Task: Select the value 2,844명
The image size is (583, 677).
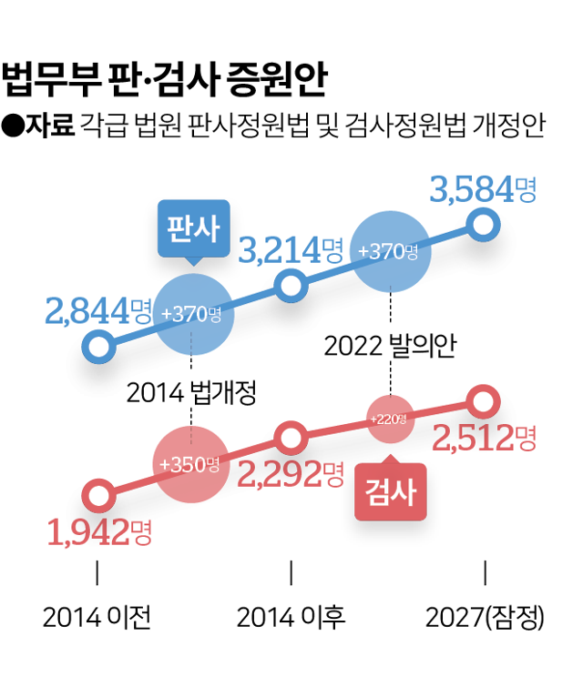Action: (x=97, y=310)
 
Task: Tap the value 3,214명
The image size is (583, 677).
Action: (x=290, y=250)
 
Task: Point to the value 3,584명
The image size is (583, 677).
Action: (x=483, y=191)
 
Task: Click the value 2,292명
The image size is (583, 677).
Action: (x=290, y=472)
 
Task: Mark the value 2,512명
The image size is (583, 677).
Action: (x=484, y=440)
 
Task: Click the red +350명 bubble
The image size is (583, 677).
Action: (x=190, y=463)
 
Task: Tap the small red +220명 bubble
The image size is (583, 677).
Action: (x=390, y=419)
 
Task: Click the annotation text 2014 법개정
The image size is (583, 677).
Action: (x=191, y=393)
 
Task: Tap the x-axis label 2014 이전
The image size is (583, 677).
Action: (x=97, y=618)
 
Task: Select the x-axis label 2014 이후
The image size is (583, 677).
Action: (x=291, y=618)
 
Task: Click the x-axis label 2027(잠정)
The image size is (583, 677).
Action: (x=485, y=618)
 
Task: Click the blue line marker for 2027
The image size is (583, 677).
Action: (x=484, y=223)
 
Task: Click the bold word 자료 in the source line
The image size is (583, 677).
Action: (x=50, y=125)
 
